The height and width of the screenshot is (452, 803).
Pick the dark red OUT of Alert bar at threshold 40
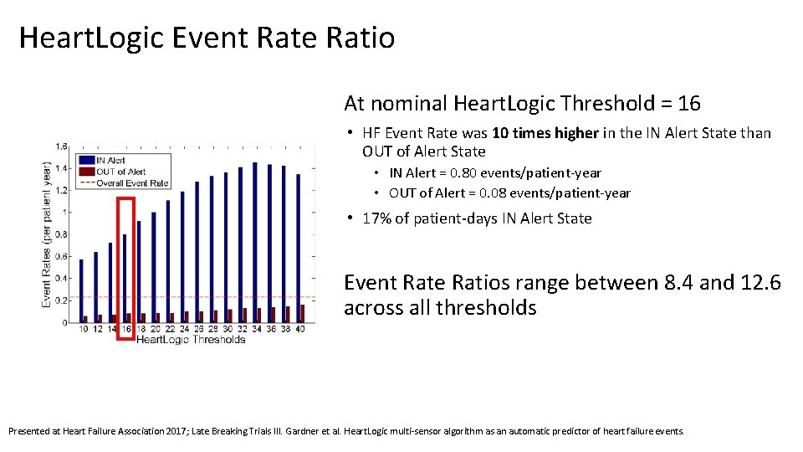click(302, 314)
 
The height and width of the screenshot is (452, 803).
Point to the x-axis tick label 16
click(125, 329)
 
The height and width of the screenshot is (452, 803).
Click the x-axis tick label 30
click(227, 329)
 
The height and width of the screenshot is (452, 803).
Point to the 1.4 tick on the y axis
click(62, 168)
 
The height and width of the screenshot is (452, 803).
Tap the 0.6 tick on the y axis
click(62, 257)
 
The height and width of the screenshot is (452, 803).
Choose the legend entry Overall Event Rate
click(131, 182)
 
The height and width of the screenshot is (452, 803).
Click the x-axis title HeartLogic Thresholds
click(191, 340)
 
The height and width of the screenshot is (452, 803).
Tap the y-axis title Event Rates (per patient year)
click(48, 234)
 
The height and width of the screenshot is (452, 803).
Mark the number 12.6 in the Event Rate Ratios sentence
click(760, 283)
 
